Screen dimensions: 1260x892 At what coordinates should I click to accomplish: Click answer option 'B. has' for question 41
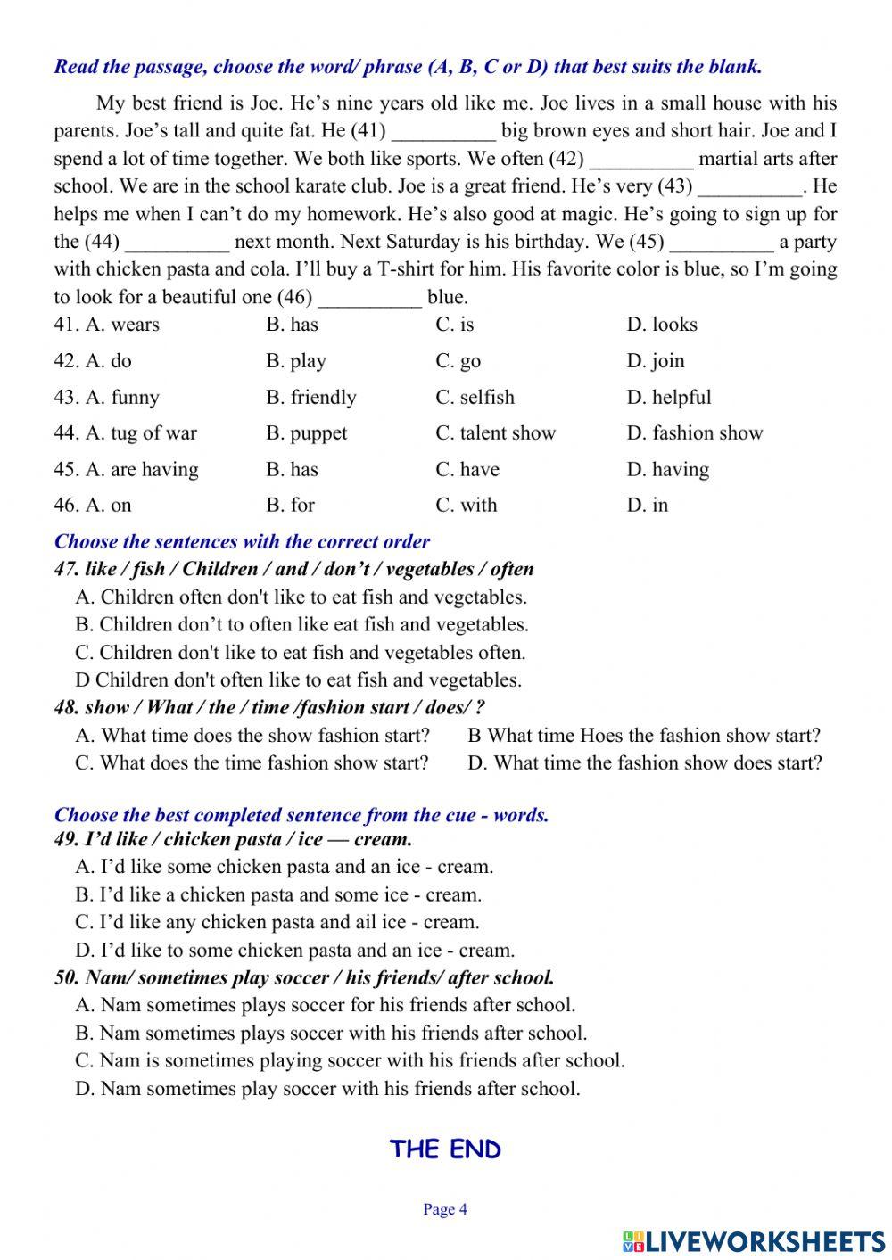[292, 325]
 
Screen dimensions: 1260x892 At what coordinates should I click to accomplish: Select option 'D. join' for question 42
[656, 361]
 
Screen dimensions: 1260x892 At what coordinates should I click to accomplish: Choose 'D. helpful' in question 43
[669, 398]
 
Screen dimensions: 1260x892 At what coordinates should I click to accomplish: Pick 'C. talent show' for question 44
[495, 433]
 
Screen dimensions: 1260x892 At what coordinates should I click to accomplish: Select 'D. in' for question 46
[648, 506]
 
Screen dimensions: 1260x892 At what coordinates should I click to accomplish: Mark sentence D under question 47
[299, 680]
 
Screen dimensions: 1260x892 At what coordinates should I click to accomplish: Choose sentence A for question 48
[252, 736]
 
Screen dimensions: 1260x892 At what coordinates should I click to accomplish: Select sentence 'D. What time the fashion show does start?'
[644, 763]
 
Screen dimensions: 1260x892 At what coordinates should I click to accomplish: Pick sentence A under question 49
[285, 867]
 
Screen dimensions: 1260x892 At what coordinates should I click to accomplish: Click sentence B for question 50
[331, 1034]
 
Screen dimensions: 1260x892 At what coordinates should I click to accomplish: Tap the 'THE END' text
[445, 1149]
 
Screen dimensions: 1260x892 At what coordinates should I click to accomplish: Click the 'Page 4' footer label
[445, 1210]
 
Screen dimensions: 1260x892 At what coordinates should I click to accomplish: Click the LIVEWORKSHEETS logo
[754, 1241]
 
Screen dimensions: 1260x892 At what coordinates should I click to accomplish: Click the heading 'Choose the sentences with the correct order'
[242, 542]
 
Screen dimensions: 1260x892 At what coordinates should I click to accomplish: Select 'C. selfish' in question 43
[475, 398]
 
